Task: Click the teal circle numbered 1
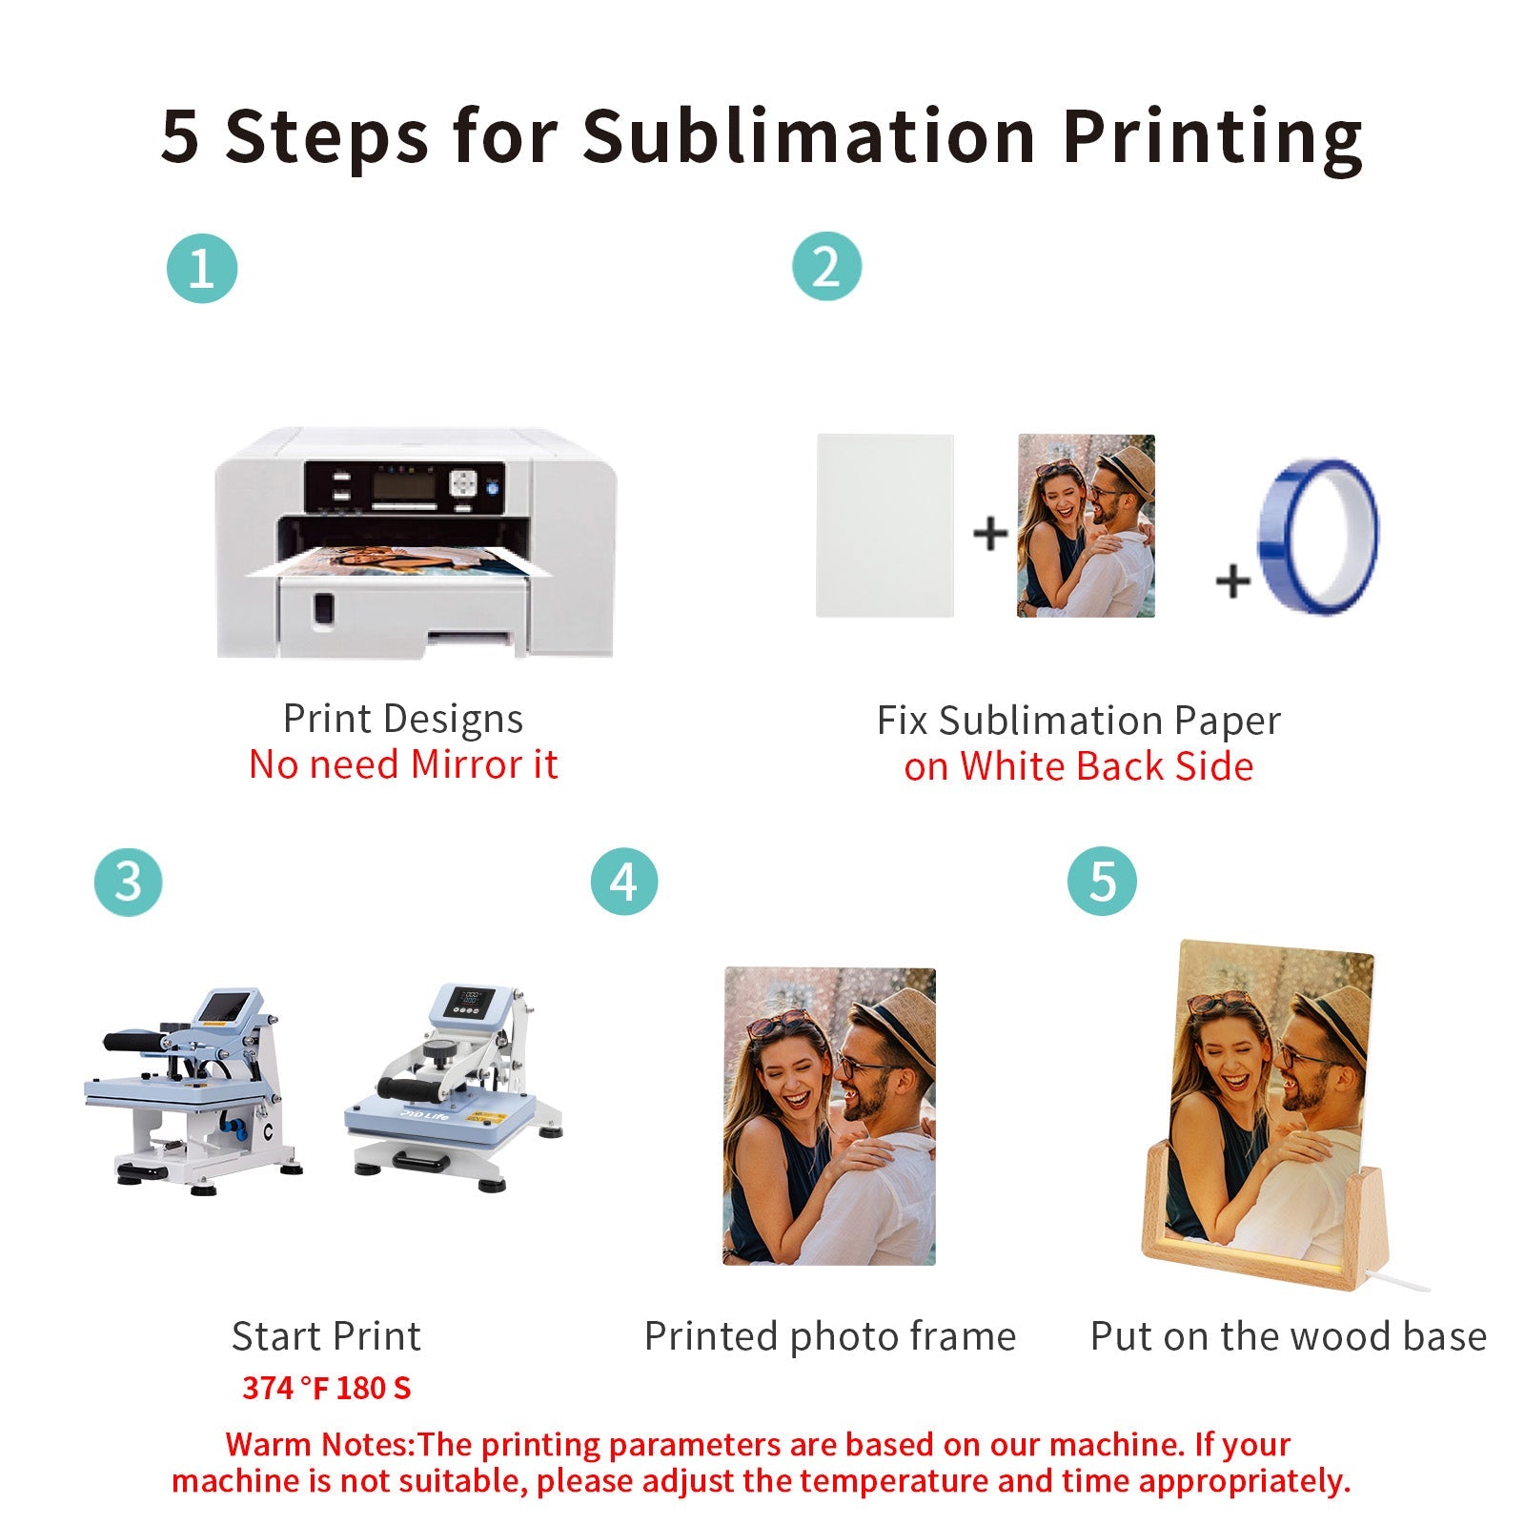(201, 269)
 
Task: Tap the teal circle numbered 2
(826, 267)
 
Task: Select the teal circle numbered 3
(129, 882)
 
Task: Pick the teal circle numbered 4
(624, 882)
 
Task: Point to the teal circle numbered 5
(1102, 882)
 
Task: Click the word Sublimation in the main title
(808, 135)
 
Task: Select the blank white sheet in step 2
(884, 525)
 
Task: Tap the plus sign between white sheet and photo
(990, 533)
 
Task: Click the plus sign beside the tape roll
(1233, 580)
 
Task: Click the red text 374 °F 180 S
(327, 1388)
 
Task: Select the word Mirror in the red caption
(466, 764)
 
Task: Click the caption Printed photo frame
(829, 1336)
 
